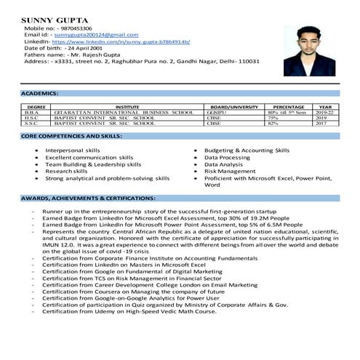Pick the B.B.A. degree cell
(x=32, y=113)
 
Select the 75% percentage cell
(x=273, y=119)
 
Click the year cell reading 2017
(x=321, y=124)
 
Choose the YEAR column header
(x=325, y=107)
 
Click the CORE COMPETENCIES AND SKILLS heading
(x=71, y=136)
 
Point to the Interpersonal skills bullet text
(x=73, y=150)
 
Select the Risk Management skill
(x=231, y=171)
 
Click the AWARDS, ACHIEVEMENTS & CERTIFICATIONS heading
(x=87, y=198)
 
